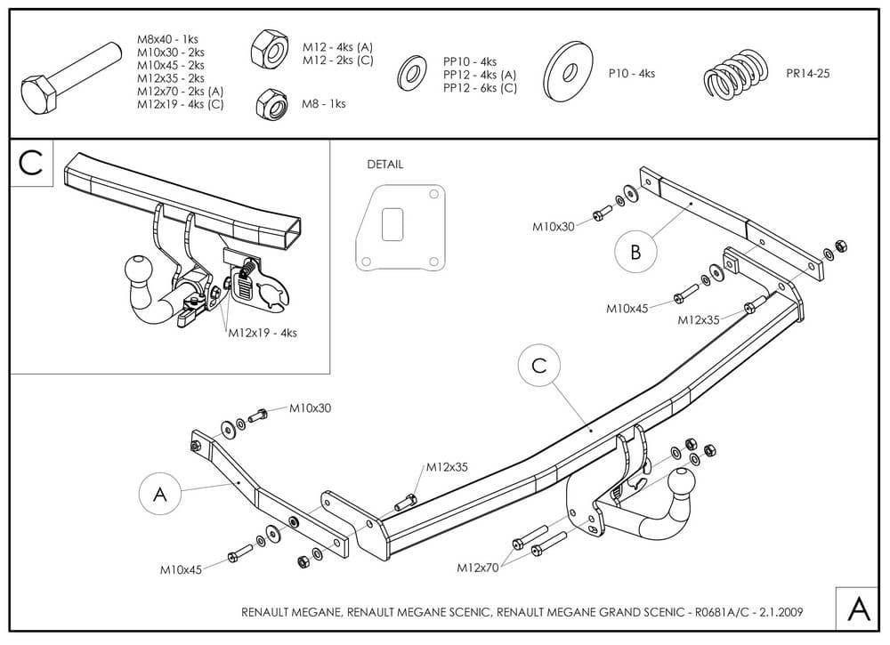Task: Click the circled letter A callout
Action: tap(160, 496)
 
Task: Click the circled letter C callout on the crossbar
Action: tap(539, 366)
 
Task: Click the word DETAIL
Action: tap(384, 165)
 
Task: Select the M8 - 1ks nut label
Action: tap(324, 104)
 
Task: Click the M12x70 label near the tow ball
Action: tap(479, 567)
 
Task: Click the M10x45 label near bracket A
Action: tap(182, 568)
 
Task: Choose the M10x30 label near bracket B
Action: tap(554, 227)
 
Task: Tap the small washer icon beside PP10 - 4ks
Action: tap(412, 73)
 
